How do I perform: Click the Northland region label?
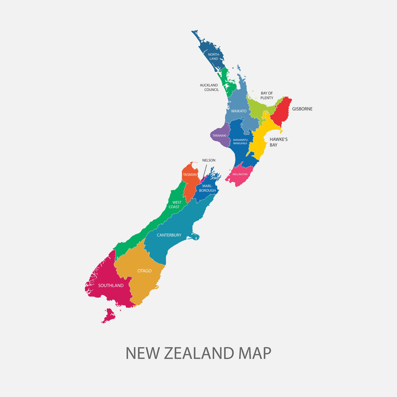tap(214, 57)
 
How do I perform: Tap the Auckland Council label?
tap(209, 87)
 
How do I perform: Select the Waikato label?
tap(239, 111)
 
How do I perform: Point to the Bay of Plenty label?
tap(267, 95)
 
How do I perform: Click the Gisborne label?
tap(302, 109)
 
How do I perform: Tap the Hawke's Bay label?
tap(278, 142)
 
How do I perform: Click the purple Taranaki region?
tap(219, 136)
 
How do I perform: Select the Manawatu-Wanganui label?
tap(240, 142)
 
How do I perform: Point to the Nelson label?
tap(209, 160)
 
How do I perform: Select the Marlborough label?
tap(207, 188)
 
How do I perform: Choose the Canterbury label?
tap(169, 235)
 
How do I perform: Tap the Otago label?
tap(144, 271)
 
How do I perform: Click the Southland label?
tap(111, 285)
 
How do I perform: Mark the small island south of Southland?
tap(109, 315)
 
